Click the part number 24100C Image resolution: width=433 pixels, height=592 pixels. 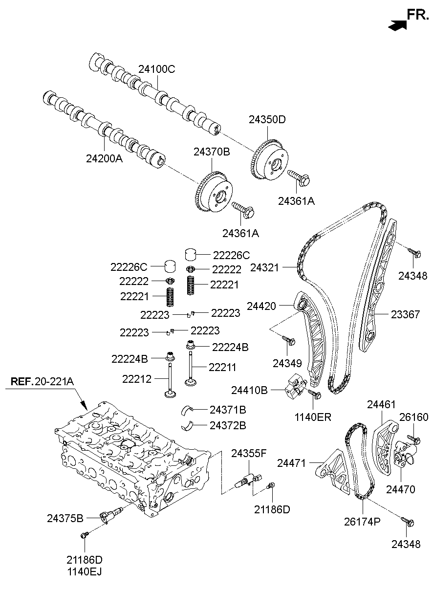click(x=156, y=69)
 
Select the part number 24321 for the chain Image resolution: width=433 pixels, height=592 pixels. click(x=264, y=267)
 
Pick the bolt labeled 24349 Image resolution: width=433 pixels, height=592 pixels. click(x=289, y=341)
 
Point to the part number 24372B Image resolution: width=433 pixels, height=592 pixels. click(x=228, y=425)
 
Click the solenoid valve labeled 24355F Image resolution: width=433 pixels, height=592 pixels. click(x=248, y=479)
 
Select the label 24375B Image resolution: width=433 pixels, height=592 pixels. click(x=65, y=517)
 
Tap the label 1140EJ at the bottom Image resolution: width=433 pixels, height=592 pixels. click(x=85, y=570)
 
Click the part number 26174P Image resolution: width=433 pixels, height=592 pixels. click(x=363, y=522)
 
